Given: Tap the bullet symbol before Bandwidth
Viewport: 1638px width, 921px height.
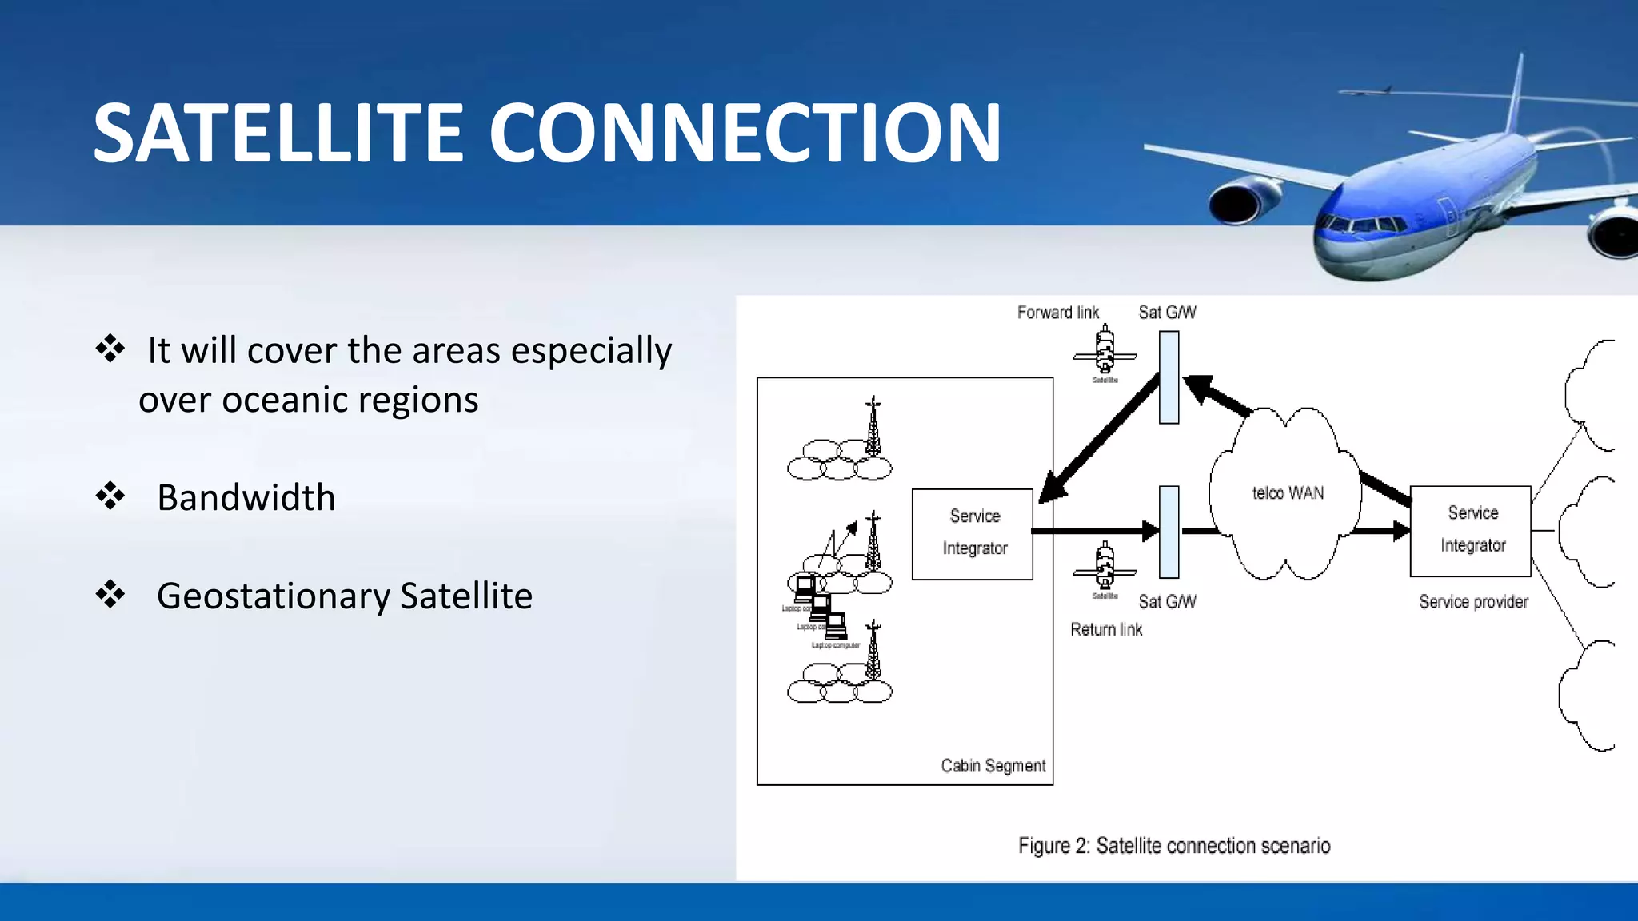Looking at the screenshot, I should [110, 496].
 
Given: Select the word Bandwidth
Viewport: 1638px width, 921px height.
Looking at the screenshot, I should [246, 498].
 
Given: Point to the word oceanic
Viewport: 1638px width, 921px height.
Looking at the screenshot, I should [284, 400].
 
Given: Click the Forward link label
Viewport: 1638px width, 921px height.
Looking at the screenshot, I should [1057, 313].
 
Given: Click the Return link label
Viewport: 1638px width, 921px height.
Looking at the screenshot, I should [1106, 630].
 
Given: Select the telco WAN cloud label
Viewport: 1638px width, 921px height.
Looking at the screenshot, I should [1288, 493].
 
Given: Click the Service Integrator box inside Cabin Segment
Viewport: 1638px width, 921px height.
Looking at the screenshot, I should [973, 534].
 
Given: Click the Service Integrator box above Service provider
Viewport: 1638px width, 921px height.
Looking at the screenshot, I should [1470, 531].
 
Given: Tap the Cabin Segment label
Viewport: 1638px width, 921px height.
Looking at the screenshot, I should [993, 766].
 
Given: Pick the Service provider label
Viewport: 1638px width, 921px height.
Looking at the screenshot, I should [1473, 602].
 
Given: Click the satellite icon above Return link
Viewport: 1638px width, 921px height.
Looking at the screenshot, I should [1105, 567].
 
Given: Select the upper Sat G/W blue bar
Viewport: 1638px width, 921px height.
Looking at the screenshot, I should [1169, 377].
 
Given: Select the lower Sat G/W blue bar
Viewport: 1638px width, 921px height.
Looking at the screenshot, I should [1169, 532].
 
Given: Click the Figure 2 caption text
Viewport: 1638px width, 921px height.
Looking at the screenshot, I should [1174, 846].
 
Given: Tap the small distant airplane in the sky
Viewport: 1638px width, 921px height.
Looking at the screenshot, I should [1366, 91].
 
